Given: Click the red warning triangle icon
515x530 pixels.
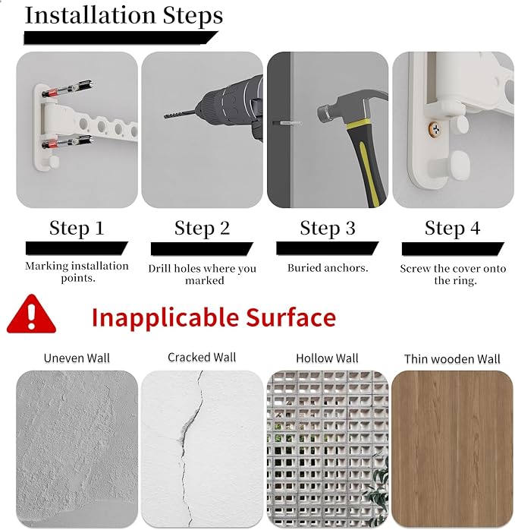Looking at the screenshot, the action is (x=31, y=314).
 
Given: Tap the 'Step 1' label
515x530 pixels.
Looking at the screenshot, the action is (x=77, y=228).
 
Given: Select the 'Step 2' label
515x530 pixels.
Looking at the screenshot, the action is (x=202, y=228).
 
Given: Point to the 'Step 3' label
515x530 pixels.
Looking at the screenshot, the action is (x=328, y=228).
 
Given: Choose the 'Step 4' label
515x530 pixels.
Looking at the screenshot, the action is (x=453, y=228).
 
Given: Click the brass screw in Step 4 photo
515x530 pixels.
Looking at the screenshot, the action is (x=435, y=128).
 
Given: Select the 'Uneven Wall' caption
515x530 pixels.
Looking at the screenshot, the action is (x=77, y=358).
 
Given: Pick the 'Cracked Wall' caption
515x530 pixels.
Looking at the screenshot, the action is (x=202, y=358).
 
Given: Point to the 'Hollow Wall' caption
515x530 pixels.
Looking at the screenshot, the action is (x=327, y=358).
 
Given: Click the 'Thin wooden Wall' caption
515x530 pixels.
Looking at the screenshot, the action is (x=452, y=359).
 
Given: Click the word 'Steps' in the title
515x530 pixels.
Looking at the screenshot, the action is (x=193, y=16).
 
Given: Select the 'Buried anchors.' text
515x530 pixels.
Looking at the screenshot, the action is (x=328, y=268).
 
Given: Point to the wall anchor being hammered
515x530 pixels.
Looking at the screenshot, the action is (x=287, y=123).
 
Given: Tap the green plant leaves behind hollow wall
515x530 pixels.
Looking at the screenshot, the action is (x=376, y=487).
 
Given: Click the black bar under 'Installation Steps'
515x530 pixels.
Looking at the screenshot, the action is (x=121, y=38).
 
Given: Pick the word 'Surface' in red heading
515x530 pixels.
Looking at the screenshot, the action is (x=291, y=317).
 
